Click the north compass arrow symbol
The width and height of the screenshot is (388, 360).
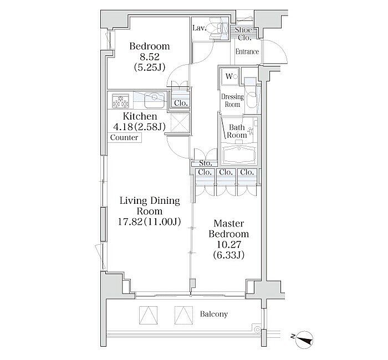point(305,339)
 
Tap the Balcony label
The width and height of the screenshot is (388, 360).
point(214,314)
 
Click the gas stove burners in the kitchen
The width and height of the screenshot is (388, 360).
point(120,101)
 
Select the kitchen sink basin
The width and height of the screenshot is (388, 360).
point(155,100)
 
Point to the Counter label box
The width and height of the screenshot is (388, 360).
point(125,137)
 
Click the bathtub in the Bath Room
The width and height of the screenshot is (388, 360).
point(239,154)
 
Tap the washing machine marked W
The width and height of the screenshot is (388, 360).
point(231,76)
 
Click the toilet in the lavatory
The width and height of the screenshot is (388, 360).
point(219,29)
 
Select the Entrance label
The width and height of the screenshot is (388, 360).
point(247,52)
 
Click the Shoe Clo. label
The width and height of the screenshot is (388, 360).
point(243,34)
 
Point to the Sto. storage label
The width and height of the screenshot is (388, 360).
point(206,163)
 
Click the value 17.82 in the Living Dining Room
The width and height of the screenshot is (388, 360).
point(130,222)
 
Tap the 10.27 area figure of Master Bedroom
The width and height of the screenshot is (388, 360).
point(228,245)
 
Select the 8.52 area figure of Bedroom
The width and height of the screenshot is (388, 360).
point(149,57)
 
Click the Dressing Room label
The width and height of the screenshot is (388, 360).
point(232,100)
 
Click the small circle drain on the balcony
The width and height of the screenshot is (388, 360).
point(258,330)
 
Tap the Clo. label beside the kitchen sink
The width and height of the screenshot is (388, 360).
point(181,103)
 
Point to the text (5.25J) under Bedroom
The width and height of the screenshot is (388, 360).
point(149,67)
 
